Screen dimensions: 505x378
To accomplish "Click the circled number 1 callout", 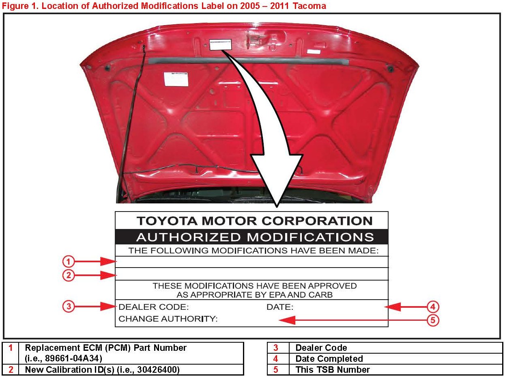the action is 69,261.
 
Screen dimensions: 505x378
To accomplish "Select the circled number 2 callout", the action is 69,275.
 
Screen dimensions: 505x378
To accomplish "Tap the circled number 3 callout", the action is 69,307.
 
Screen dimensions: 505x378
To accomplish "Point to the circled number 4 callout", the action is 433,307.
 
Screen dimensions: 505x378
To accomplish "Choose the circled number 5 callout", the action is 433,320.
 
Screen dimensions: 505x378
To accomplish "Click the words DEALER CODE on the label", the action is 153,307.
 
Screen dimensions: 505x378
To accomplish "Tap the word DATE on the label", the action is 279,307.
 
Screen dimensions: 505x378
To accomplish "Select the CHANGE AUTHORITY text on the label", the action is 168,319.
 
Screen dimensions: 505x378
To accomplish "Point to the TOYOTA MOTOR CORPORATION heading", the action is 255,221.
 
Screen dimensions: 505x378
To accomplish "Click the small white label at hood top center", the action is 221,44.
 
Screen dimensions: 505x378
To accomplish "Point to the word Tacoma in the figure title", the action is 311,6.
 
